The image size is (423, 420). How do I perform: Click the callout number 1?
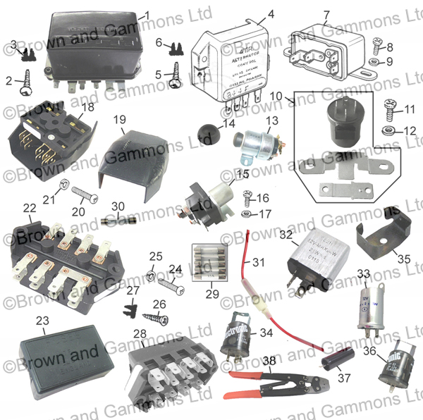click(x=147, y=15)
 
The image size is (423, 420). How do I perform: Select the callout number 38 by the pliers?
click(x=269, y=359)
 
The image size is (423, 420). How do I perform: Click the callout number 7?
click(x=326, y=16)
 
